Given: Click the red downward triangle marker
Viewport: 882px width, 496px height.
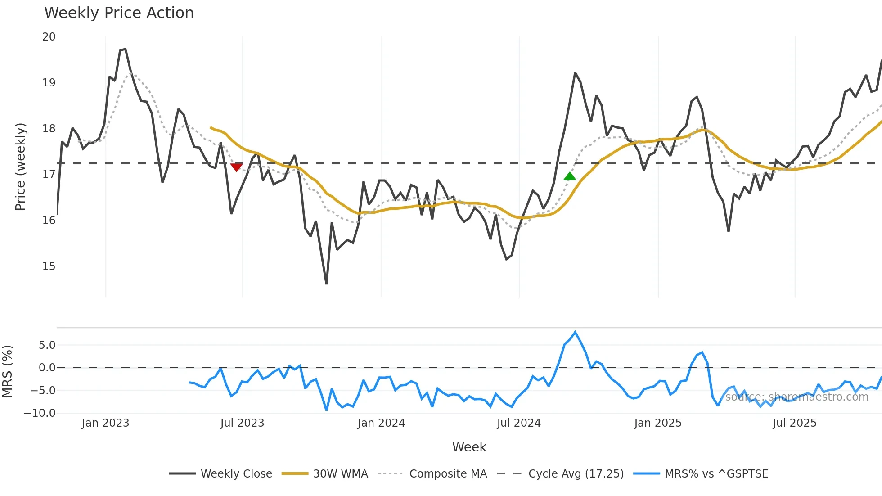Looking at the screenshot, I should (x=236, y=167).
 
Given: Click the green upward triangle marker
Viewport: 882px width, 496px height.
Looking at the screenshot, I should (x=570, y=176).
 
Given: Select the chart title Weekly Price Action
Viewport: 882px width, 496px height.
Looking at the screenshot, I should (x=119, y=13).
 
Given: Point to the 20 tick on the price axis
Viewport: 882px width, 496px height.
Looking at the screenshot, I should (x=49, y=37).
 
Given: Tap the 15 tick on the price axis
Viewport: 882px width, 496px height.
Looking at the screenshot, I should (x=49, y=266).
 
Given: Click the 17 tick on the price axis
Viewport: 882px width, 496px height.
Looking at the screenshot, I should (x=49, y=174).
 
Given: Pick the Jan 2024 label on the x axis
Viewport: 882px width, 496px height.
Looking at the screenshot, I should (x=381, y=423).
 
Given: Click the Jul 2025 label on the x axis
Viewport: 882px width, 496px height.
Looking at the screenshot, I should (x=794, y=423).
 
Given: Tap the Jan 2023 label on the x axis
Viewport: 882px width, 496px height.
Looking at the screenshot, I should (x=105, y=423).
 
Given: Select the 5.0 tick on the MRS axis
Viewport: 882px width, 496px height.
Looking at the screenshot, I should (x=47, y=345).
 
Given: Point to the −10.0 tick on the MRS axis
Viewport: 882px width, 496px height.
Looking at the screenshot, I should (x=40, y=413).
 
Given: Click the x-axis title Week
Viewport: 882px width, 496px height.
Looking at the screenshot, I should (x=469, y=447).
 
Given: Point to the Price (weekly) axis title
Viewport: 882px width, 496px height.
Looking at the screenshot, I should (x=20, y=167).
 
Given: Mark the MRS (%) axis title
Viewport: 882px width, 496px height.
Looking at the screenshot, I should (x=7, y=371).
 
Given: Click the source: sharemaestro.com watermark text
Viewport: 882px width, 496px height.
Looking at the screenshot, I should (x=796, y=397).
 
